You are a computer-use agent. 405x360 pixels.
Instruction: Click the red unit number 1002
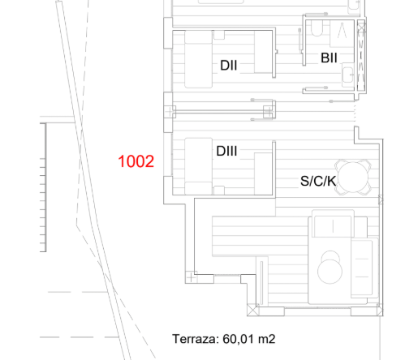coord(136,161)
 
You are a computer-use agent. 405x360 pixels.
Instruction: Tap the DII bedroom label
coord(229,66)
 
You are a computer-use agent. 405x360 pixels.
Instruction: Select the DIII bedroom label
coord(226,151)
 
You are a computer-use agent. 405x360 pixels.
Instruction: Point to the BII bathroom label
coord(329,58)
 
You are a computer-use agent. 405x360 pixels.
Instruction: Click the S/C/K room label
coord(318,181)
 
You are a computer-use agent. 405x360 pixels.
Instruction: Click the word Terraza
coord(196,339)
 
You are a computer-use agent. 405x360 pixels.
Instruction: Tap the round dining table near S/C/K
coord(353,178)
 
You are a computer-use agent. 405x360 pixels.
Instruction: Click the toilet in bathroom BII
coord(317,28)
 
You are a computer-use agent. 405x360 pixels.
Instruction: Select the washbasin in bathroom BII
coord(348,75)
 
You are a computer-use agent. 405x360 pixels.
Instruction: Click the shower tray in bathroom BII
coord(343,34)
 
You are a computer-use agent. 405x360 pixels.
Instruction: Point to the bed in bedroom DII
coord(198,59)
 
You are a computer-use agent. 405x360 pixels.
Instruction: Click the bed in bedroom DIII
coord(198,166)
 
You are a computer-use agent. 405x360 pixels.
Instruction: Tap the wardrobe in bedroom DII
coord(263,52)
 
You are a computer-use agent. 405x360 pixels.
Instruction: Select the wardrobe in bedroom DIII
coord(263,174)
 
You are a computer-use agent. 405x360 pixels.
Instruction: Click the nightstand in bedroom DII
coord(219,35)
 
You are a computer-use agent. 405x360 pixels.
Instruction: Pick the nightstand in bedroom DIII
coord(219,191)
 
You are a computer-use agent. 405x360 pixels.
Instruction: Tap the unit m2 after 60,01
coord(267,339)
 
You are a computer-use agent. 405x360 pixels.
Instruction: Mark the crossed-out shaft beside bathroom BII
coord(361,55)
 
